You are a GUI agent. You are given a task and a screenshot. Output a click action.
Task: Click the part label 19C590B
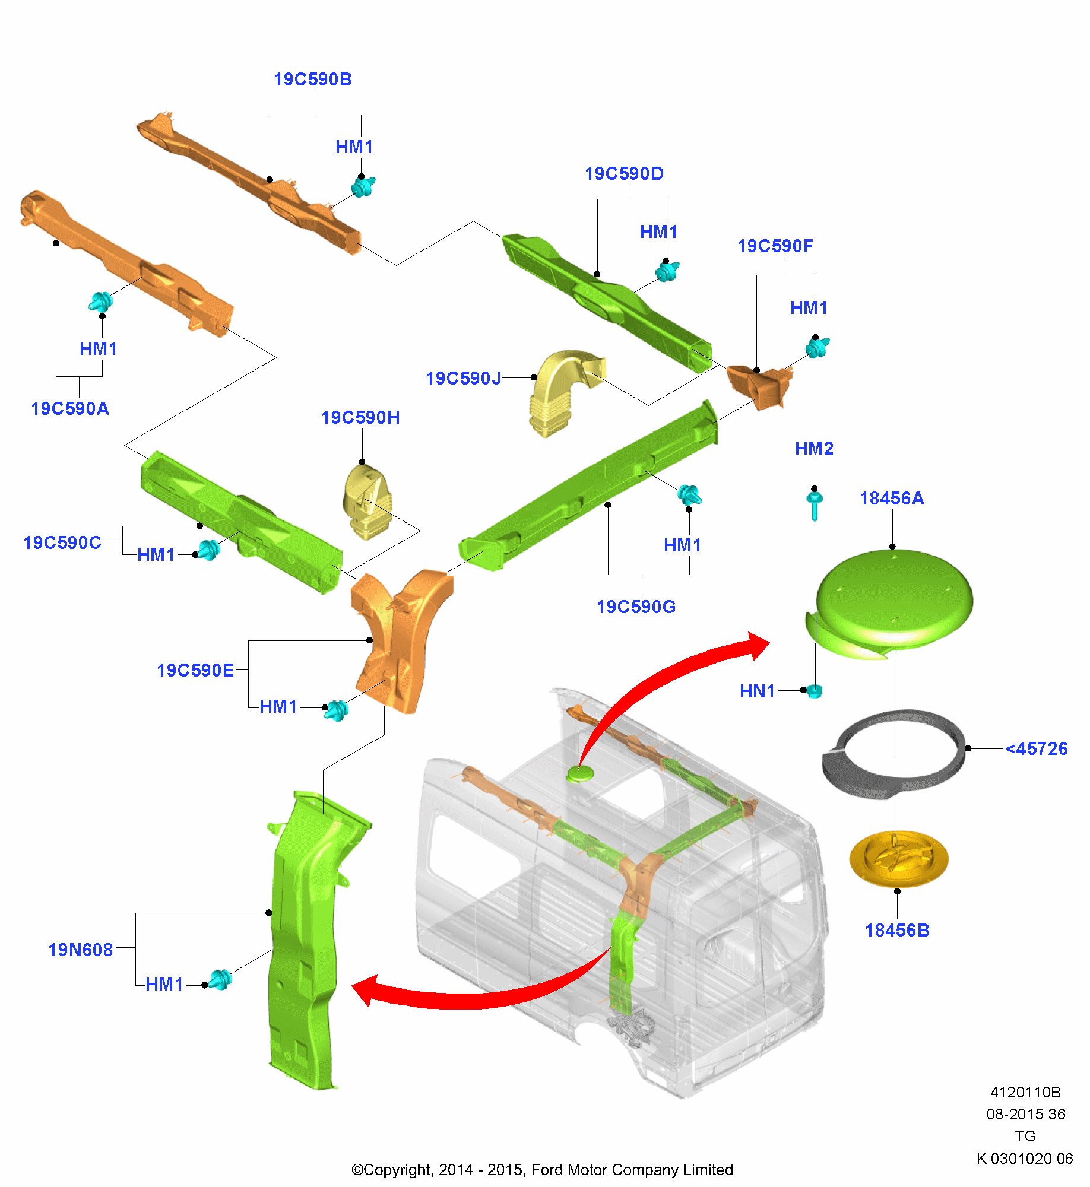point(313,80)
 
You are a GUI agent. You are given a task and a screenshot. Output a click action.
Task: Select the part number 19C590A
point(70,409)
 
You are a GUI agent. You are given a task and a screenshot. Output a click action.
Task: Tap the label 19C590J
point(464,378)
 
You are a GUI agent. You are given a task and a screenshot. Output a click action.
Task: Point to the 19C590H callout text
point(360,418)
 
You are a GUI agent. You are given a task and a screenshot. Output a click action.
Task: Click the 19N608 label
point(81,950)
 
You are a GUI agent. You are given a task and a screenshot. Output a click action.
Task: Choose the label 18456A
point(892,499)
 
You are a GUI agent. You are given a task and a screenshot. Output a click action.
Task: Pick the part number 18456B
point(897,931)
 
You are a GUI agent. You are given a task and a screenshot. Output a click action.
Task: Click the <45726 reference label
point(1037,749)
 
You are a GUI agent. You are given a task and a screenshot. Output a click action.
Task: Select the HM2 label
point(814,449)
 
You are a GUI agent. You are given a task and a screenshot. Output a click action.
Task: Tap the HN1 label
point(758,691)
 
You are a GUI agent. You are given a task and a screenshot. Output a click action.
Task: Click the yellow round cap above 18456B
point(899,859)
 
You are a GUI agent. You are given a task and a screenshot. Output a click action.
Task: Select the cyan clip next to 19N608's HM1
point(221,980)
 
